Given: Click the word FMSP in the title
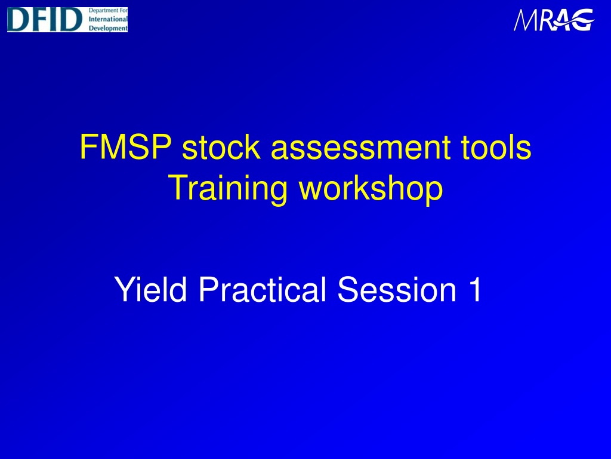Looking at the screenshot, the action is (x=126, y=147).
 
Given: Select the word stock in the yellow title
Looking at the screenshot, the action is (x=221, y=147).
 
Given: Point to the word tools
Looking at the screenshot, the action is (x=496, y=147).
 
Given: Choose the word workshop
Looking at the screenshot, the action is (x=371, y=188).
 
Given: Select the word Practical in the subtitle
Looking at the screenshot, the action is (x=263, y=289).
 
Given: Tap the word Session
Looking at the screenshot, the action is (x=397, y=289).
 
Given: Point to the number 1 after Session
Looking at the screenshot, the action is (x=475, y=289).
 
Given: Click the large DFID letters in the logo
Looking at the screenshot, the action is (x=45, y=20).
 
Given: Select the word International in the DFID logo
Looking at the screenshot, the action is (x=108, y=19).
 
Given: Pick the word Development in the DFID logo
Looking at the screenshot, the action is (x=108, y=28).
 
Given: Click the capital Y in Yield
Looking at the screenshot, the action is (x=124, y=289).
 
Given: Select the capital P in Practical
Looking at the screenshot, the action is (x=208, y=289).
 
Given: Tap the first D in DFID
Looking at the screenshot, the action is (x=18, y=20).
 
